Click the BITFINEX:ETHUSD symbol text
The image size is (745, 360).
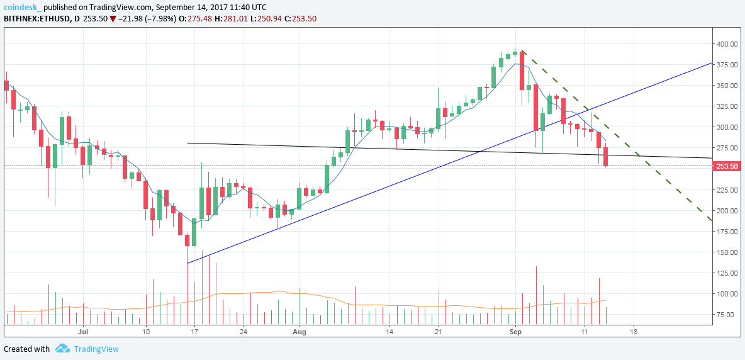coord(36,19)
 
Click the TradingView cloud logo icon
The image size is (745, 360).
coord(63,349)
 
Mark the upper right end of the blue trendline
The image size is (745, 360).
coord(711,63)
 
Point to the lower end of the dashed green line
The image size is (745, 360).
coord(711,220)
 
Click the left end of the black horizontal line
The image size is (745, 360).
coord(188,143)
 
